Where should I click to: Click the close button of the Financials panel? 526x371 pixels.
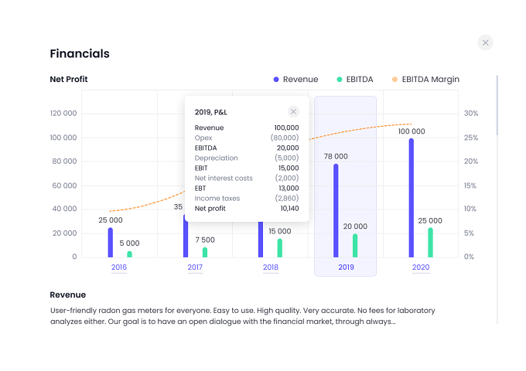[485, 43]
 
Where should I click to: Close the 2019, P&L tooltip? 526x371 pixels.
[293, 111]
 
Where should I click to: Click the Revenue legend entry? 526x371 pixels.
[295, 80]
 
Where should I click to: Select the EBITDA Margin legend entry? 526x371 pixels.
[425, 80]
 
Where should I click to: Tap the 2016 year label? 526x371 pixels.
[119, 267]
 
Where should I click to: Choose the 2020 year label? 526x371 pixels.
[421, 267]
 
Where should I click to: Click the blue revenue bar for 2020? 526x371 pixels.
[412, 198]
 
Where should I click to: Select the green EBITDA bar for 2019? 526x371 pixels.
[355, 246]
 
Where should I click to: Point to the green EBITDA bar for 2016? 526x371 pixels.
[129, 254]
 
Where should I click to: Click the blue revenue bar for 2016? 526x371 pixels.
[111, 243]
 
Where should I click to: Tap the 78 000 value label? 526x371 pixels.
[336, 156]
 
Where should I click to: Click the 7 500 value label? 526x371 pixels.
[205, 240]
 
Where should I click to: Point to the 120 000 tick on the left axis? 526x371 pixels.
[63, 114]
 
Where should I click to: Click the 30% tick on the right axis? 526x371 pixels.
[471, 114]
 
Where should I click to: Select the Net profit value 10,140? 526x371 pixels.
[289, 209]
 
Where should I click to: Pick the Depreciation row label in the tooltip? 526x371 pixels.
[216, 158]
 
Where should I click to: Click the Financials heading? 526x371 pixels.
[80, 53]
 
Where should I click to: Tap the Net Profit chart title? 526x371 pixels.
[68, 79]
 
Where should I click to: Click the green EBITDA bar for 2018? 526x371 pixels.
[280, 248]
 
